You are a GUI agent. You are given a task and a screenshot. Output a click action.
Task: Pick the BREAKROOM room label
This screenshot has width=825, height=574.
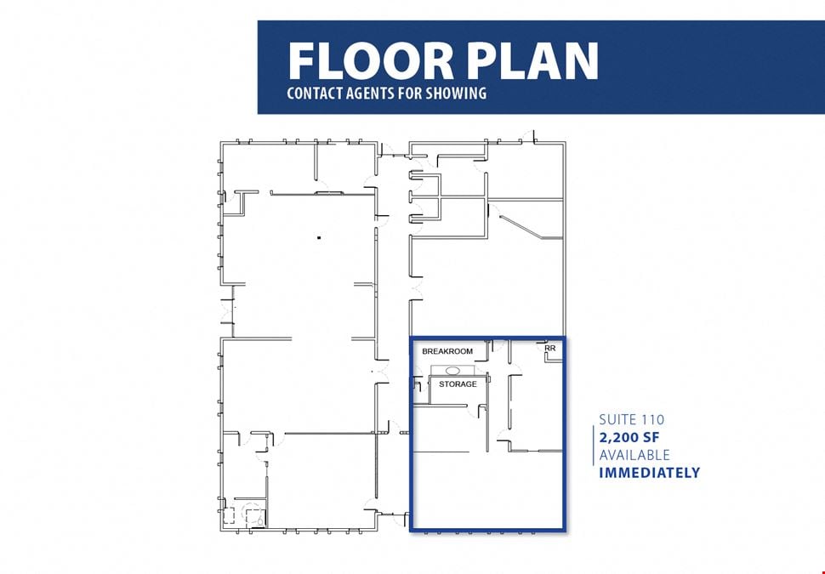click(x=447, y=351)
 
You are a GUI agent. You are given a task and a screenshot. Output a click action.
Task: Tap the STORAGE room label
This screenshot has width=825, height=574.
click(x=458, y=384)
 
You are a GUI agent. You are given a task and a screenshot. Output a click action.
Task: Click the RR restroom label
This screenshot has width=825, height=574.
click(x=550, y=349)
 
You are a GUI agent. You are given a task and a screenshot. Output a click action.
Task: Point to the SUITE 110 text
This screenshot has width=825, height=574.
click(x=631, y=420)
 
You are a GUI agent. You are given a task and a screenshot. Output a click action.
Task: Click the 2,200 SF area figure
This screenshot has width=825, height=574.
click(x=629, y=437)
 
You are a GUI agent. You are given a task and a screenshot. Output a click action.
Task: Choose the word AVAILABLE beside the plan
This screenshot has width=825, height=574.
click(x=634, y=455)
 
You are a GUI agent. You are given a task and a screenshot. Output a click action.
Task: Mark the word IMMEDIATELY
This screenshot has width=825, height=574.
click(x=649, y=473)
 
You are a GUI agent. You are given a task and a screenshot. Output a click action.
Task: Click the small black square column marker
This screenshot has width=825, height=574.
click(x=319, y=238)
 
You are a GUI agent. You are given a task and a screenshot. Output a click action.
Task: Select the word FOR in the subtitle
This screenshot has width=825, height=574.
click(x=411, y=94)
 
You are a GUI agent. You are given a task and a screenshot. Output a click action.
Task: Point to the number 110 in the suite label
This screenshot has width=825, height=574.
click(x=652, y=420)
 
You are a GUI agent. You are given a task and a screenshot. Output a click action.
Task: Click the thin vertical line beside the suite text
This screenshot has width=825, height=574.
click(x=594, y=446)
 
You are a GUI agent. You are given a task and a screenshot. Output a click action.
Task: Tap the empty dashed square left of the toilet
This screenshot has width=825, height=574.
click(x=229, y=515)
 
